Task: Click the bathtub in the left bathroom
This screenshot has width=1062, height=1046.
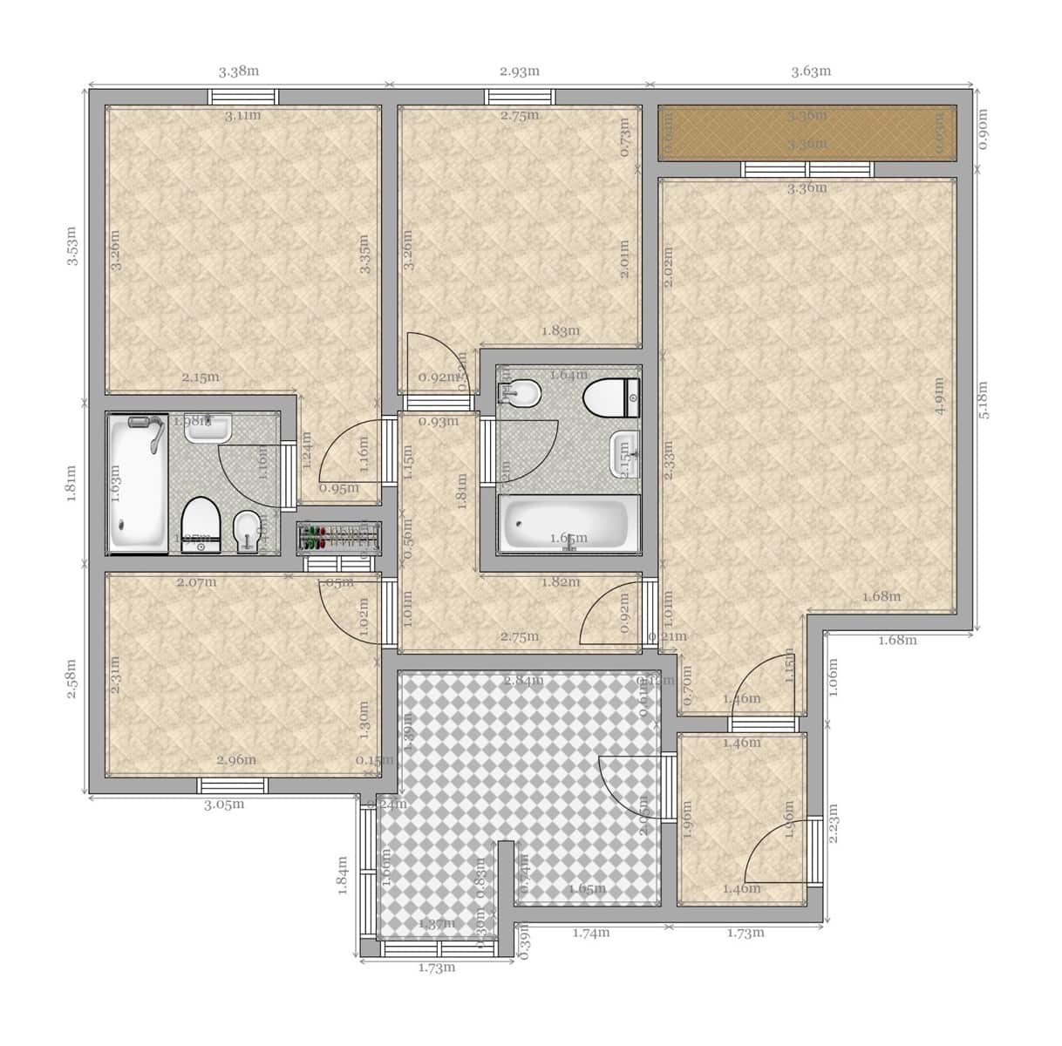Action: [x=137, y=484]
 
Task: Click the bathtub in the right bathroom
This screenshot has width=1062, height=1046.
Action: [x=568, y=525]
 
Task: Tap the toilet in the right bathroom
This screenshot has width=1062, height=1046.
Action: [x=611, y=398]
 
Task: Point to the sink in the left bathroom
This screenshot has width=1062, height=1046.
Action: [x=208, y=427]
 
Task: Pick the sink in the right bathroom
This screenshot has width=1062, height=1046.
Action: [x=625, y=452]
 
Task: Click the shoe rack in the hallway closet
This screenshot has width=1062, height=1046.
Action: [x=338, y=537]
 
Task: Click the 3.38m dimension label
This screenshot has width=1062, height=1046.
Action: [x=238, y=71]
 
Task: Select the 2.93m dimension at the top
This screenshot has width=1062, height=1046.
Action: [x=520, y=71]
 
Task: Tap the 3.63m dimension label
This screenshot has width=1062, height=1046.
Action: [x=811, y=71]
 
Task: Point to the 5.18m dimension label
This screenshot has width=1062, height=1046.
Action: [x=984, y=400]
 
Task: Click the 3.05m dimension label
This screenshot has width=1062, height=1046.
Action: [x=224, y=805]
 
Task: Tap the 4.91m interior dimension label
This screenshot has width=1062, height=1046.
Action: [x=939, y=396]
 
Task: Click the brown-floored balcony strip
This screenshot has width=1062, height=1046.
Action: [x=807, y=132]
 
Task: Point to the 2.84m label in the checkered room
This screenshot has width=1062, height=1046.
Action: [x=523, y=680]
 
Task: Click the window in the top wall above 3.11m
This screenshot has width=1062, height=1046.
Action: [x=243, y=97]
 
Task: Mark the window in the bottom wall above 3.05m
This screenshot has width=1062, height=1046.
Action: [x=233, y=784]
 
